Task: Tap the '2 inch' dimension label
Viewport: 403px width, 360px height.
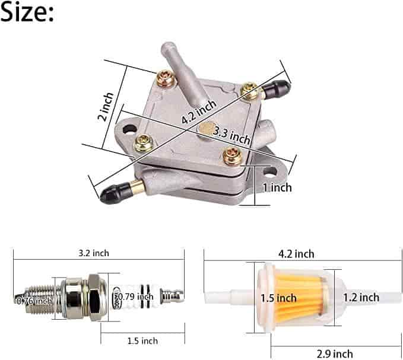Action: click(106, 106)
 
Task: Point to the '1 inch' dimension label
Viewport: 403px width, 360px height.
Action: click(277, 187)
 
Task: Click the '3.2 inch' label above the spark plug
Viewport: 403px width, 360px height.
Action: click(94, 253)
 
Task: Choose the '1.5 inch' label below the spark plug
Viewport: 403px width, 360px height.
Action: click(142, 341)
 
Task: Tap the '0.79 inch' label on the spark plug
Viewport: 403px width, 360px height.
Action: click(136, 297)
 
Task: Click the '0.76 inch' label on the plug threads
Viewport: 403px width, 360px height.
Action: click(34, 301)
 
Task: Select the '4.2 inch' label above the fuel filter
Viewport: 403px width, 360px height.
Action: click(296, 254)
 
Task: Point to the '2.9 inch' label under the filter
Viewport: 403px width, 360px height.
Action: click(335, 354)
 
